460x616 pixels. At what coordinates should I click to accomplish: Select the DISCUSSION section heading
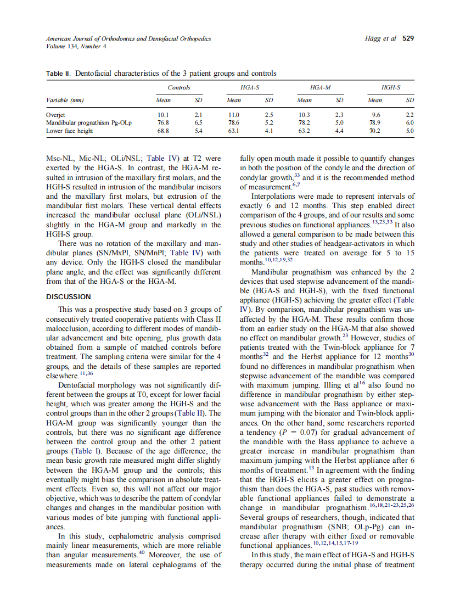tap(69, 296)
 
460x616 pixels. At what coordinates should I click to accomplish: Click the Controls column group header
tap(179, 87)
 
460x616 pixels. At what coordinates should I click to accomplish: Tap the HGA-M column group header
tap(320, 87)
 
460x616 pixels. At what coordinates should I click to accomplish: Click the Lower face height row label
tap(69, 131)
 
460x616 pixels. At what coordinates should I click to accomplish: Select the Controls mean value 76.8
tap(163, 124)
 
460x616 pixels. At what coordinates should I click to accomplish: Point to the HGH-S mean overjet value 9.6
tap(375, 115)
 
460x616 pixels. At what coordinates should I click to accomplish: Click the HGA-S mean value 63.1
tap(234, 131)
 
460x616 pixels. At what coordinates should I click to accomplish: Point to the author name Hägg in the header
tap(373, 38)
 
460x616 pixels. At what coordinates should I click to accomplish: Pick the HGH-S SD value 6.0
tap(409, 124)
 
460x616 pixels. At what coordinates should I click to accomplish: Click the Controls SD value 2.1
tap(199, 115)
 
